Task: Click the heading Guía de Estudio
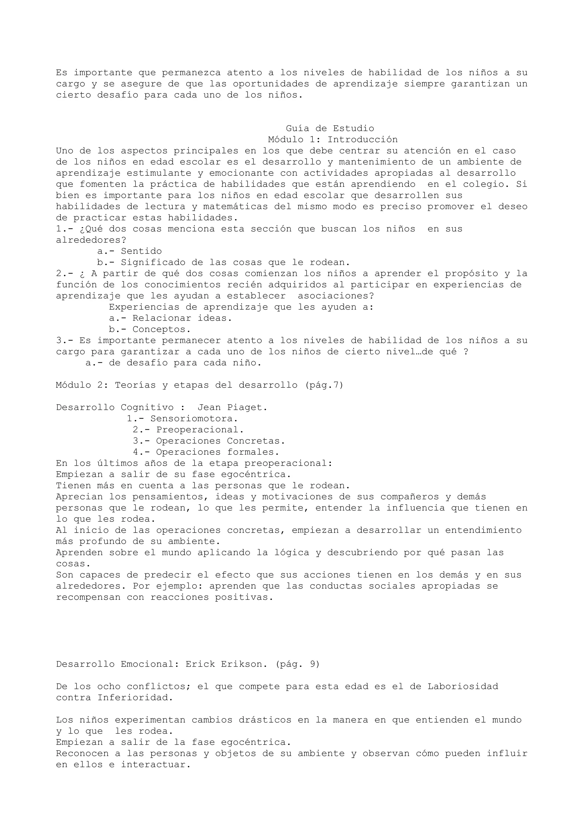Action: tap(330, 128)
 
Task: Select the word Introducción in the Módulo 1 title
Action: tap(362, 139)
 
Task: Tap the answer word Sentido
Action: tap(141, 251)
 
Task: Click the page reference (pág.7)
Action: tap(324, 385)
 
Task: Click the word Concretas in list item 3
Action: tap(256, 441)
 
